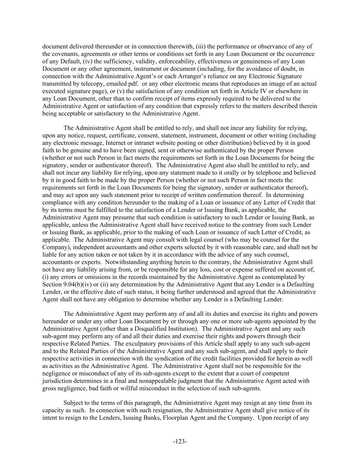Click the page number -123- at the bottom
click(x=180, y=441)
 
